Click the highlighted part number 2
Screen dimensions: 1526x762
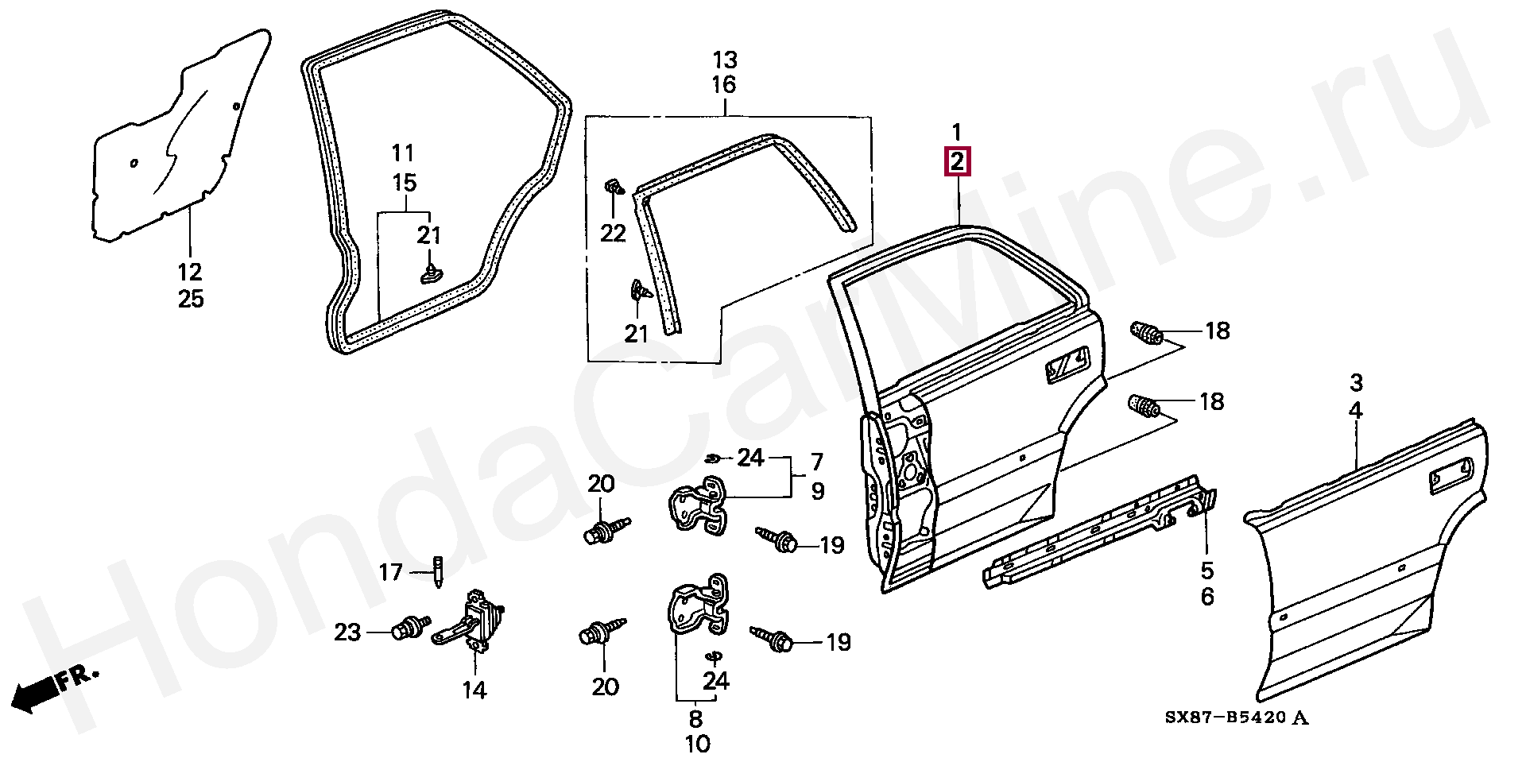957,162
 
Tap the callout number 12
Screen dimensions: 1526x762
190,272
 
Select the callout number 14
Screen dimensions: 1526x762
474,690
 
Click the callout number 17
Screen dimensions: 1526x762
390,572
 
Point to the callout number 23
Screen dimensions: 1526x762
347,632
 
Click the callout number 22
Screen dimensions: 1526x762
613,233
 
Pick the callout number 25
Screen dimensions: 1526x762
190,300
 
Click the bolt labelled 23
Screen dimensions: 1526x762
410,627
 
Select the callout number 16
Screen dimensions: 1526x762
724,85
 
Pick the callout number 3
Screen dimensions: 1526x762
1356,383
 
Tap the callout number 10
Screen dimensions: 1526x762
696,745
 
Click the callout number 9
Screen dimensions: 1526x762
818,491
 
